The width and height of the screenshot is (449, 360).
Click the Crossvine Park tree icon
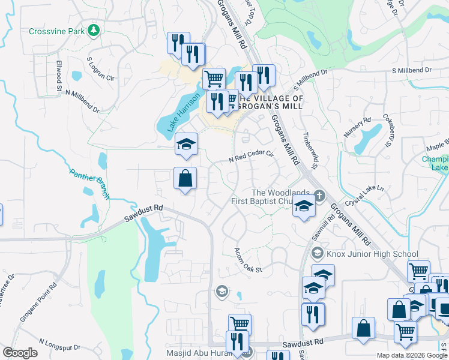[93, 30]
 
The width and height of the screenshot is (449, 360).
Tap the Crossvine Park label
[58, 31]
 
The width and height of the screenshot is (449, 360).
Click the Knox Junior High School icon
[318, 253]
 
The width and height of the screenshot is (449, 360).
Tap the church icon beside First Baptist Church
[319, 195]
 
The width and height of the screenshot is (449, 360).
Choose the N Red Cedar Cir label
[251, 157]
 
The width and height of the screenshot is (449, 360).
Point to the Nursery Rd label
[358, 128]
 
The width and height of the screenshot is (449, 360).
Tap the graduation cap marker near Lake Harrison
[186, 144]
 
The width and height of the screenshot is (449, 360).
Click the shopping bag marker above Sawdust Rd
[185, 178]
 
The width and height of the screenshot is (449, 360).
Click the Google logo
[20, 353]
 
